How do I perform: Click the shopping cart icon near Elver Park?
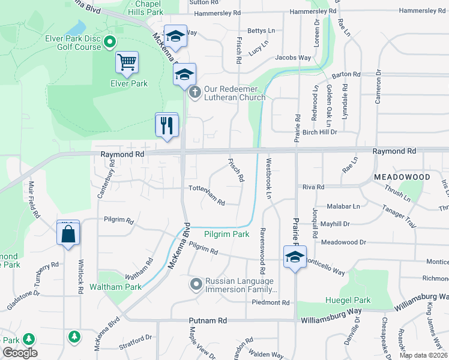pyautogui.click(x=127, y=62)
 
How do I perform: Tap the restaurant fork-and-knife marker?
pyautogui.click(x=166, y=125)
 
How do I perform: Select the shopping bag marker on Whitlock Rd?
pyautogui.click(x=68, y=233)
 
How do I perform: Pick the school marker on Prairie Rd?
pyautogui.click(x=295, y=257)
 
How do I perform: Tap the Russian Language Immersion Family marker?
pyautogui.click(x=195, y=284)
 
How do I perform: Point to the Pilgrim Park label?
pyautogui.click(x=226, y=235)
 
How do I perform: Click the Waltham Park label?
pyautogui.click(x=115, y=287)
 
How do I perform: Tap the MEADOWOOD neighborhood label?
pyautogui.click(x=402, y=178)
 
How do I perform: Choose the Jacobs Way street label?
pyautogui.click(x=293, y=58)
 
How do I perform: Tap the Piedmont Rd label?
pyautogui.click(x=270, y=302)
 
